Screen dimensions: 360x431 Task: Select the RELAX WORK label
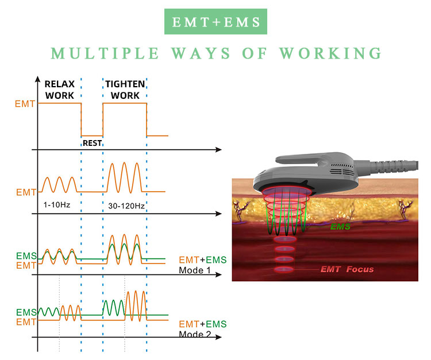tap(60, 89)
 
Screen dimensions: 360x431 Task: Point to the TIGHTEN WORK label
tap(125, 89)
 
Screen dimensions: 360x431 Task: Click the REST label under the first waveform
tap(92, 143)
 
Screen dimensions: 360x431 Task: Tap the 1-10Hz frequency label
tap(57, 204)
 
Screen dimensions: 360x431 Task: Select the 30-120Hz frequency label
tap(126, 204)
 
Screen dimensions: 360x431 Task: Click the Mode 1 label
tap(195, 270)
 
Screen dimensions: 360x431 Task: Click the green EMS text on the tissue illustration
tap(340, 227)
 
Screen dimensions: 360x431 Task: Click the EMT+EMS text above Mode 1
tap(203, 260)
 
